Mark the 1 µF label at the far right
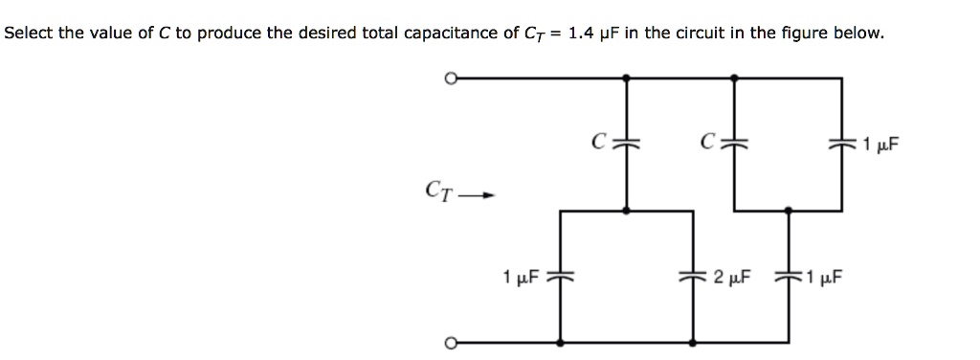[880, 146]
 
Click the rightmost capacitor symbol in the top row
[843, 145]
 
